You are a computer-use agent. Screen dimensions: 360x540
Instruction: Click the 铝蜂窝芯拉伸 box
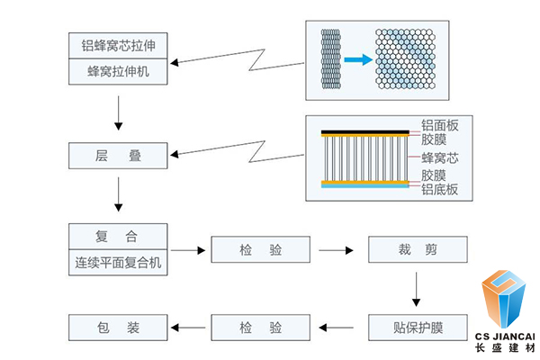(119, 45)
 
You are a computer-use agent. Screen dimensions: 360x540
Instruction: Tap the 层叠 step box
(119, 156)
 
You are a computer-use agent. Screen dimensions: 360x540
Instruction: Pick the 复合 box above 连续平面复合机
(119, 237)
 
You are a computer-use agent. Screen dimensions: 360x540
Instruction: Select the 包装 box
(119, 328)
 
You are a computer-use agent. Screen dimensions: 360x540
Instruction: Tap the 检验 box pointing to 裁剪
(261, 249)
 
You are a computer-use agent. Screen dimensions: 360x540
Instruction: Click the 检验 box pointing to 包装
(261, 328)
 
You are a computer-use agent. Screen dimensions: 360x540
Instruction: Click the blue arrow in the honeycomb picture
(358, 60)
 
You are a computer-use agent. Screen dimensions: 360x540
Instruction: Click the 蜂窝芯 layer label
(439, 157)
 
